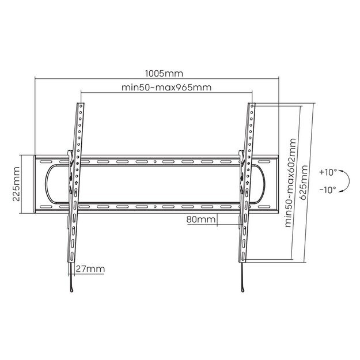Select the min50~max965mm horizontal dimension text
coord(166,88)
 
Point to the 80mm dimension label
coord(201,219)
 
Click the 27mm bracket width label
coord(90,269)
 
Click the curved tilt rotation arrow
coord(343,181)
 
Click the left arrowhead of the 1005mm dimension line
coord(37,79)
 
